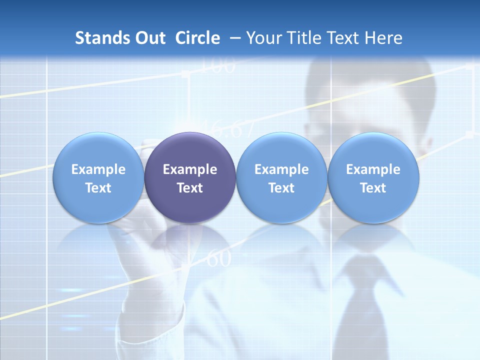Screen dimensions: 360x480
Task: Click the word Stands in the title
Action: [x=102, y=38]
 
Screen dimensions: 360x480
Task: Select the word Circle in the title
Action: [x=197, y=38]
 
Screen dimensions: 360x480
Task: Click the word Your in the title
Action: [x=263, y=38]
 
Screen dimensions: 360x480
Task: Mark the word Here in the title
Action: [x=384, y=38]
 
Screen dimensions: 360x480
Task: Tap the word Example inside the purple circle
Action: [x=190, y=170]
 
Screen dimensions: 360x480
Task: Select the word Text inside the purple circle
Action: [x=190, y=188]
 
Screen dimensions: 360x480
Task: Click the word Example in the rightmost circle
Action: [x=373, y=170]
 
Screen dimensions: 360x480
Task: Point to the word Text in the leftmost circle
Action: [x=98, y=188]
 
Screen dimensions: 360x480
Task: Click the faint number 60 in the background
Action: [x=218, y=259]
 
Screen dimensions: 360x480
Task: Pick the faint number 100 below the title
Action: [x=218, y=66]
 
